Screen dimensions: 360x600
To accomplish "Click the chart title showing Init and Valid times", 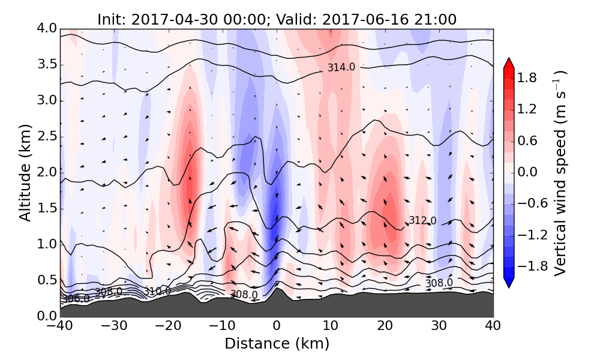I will tap(277, 19).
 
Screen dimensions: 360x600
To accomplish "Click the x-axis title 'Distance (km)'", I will tap(277, 344).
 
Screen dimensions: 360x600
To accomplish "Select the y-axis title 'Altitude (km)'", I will tap(25, 172).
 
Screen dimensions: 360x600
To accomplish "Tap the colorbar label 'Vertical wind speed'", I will tap(560, 172).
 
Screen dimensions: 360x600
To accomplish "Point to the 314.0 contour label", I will tap(341, 68).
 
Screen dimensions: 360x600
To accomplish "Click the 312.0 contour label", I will tap(422, 221).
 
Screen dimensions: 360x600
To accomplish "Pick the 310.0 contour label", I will tap(157, 291).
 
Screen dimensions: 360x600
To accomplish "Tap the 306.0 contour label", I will tap(76, 298).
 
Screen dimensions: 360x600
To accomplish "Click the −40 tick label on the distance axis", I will tap(60, 327).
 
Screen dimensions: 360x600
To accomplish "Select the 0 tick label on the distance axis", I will tap(277, 327).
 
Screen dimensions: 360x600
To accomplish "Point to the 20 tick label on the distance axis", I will tap(385, 327).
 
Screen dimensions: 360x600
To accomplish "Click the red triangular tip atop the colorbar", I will tap(509, 62).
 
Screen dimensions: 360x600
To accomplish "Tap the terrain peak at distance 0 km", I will tap(277, 289).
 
